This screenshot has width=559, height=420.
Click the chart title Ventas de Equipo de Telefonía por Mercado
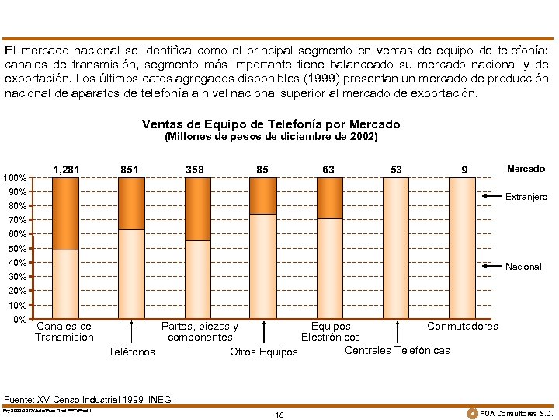(271, 124)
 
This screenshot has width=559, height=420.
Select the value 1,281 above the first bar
(66, 169)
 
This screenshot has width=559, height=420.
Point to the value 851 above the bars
(130, 169)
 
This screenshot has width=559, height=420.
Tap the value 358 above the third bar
(195, 169)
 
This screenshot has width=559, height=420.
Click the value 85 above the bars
(263, 169)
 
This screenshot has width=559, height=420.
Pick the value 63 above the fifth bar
(329, 169)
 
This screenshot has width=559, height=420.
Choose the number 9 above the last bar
(464, 169)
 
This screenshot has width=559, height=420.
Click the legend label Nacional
(523, 267)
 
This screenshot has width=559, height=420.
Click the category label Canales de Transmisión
(64, 332)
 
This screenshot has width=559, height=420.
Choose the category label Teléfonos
(130, 352)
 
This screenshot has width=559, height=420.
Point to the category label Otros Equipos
(264, 352)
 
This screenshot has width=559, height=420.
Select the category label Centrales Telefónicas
(397, 350)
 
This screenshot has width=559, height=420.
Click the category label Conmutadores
(463, 326)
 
